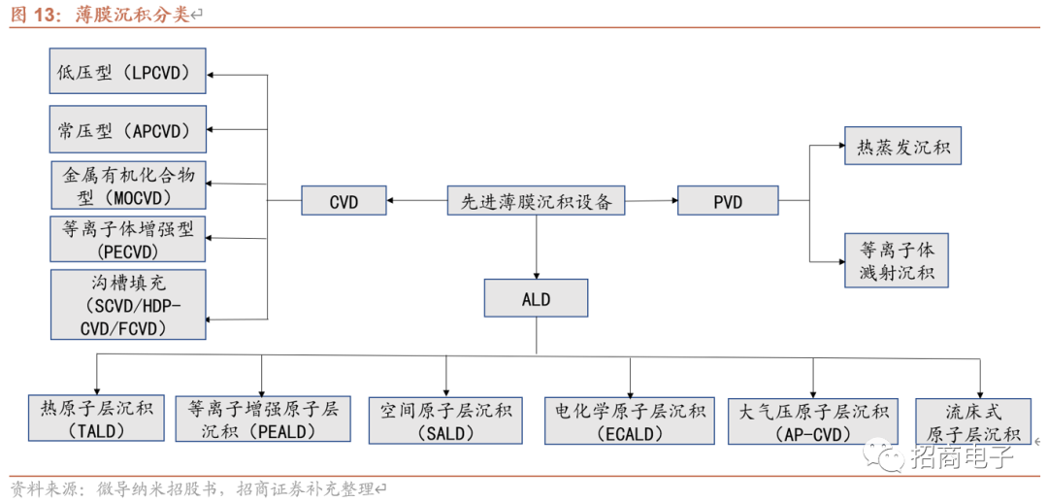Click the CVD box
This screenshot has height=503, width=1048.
click(344, 201)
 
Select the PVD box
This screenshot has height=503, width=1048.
click(728, 201)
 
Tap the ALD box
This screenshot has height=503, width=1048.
click(536, 299)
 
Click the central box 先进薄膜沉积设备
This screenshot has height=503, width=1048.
click(536, 201)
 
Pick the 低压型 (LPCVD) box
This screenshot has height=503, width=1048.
click(127, 72)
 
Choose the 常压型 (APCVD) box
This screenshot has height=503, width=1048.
click(127, 129)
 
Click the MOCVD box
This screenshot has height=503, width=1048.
click(127, 185)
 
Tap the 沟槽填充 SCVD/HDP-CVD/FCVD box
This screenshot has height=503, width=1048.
click(127, 305)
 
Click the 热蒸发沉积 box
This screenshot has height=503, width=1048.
click(902, 149)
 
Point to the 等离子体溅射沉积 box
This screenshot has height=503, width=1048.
click(896, 260)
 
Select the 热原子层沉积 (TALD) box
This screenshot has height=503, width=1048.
click(97, 419)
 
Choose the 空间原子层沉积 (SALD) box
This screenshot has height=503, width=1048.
click(446, 420)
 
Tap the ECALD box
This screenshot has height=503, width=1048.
click(630, 420)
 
